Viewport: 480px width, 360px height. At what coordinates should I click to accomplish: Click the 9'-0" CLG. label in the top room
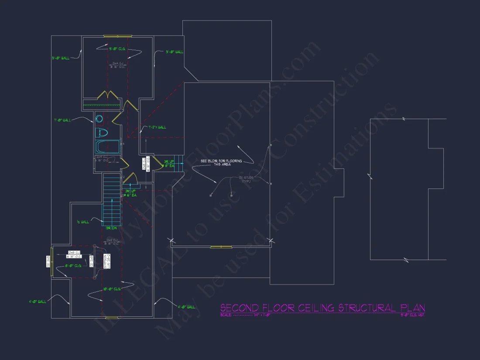pyautogui.click(x=117, y=49)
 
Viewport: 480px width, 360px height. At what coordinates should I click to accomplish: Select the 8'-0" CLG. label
pyautogui.click(x=73, y=265)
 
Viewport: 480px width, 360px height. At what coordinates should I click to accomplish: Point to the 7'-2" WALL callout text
pyautogui.click(x=157, y=127)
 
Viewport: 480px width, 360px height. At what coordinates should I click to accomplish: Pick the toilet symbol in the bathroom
pyautogui.click(x=101, y=133)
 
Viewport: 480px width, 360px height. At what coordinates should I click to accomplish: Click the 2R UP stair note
pyautogui.click(x=130, y=193)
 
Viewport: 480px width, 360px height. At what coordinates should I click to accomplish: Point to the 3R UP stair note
pyautogui.click(x=169, y=164)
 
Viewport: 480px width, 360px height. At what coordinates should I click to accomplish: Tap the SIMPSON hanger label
pyautogui.click(x=105, y=261)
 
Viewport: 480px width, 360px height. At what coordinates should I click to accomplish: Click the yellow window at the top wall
pyautogui.click(x=117, y=36)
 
